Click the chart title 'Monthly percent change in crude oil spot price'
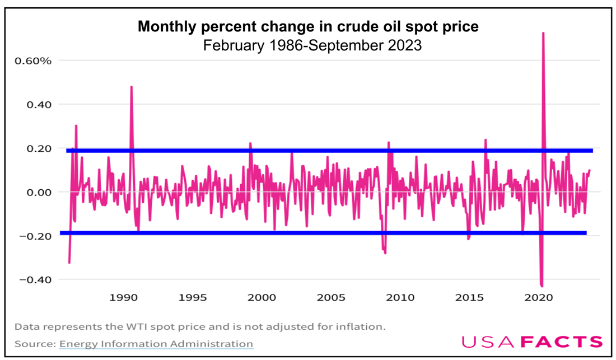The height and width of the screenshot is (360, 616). pos(308,26)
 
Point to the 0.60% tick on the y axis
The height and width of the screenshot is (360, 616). pos(32,60)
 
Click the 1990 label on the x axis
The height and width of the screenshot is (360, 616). pos(124,297)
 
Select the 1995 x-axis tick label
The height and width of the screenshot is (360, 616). pos(193,297)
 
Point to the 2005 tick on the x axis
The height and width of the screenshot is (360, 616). pos(330,297)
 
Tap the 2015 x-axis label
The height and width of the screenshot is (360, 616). pos(468,297)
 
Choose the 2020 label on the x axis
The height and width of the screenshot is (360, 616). pos(537,297)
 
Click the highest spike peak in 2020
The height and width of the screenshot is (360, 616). pos(543,34)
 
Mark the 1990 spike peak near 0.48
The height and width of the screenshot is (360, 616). pos(131,87)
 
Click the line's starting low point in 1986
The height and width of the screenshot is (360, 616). pos(69,263)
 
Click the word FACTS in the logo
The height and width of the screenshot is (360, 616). pos(562,342)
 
